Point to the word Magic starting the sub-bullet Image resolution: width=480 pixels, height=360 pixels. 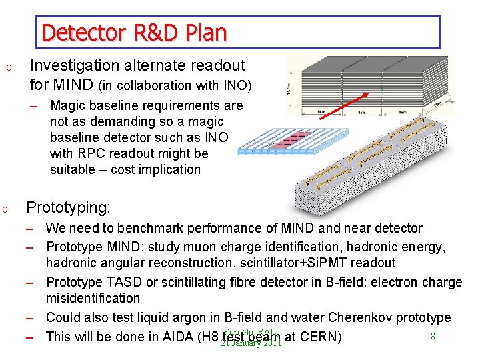point(69,105)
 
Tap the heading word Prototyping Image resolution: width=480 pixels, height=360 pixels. point(68,207)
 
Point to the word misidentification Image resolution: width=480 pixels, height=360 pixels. point(93,298)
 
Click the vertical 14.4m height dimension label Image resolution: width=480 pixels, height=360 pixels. point(288,86)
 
